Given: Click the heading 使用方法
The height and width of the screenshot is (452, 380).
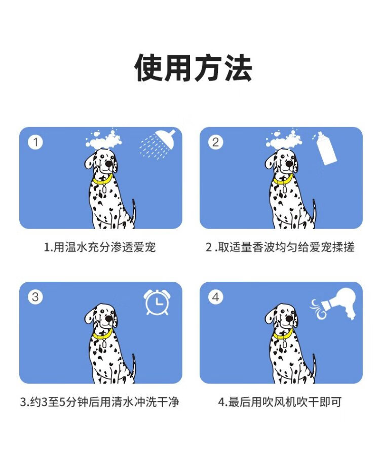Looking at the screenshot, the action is tap(193, 68).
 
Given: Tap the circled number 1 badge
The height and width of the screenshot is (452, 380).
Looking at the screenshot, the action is tap(35, 142).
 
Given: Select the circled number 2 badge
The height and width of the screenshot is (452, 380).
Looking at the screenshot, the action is tap(216, 142).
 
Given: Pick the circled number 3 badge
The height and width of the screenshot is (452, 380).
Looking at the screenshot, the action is tap(35, 297).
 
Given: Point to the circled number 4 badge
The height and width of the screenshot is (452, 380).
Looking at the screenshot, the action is tap(216, 297).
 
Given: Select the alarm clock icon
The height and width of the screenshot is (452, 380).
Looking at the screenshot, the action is tap(157, 302).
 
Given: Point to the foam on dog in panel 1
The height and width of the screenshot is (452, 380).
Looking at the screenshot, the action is tap(104, 140).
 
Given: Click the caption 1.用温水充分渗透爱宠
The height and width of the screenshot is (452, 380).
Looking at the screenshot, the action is tap(100, 247).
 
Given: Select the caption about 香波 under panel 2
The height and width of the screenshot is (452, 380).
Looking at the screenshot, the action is tap(280, 247).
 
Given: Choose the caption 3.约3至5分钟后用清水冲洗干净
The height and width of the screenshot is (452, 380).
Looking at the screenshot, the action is tap(100, 402).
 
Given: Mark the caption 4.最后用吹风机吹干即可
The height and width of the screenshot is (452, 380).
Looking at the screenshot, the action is tap(280, 402).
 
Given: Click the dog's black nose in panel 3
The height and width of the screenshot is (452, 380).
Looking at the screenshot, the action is tap(109, 319).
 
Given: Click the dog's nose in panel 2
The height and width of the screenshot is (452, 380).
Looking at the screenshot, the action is tap(289, 164).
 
